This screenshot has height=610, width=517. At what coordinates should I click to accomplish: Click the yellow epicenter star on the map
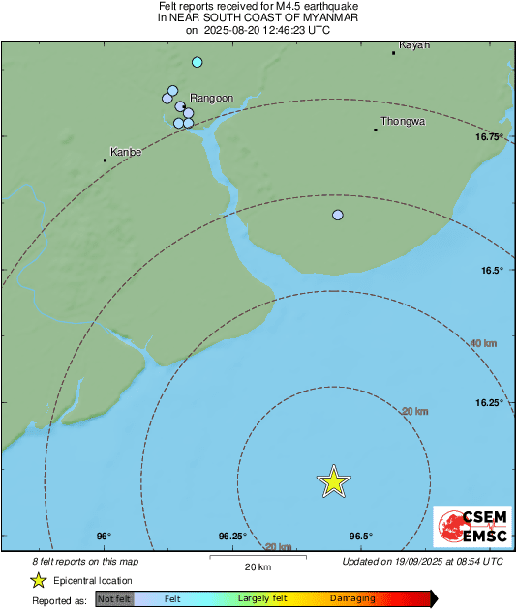point(333,480)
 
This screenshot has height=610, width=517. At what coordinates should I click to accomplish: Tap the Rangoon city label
point(212,98)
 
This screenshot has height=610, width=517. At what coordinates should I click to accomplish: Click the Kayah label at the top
point(413,44)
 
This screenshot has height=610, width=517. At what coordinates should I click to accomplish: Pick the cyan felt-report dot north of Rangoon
point(198,62)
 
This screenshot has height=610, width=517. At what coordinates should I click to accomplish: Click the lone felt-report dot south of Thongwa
point(338,215)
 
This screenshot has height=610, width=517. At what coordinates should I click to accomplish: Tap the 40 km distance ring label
point(484,343)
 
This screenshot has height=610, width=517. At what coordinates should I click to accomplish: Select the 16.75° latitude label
point(489,137)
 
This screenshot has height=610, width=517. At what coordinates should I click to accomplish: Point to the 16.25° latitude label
point(488,402)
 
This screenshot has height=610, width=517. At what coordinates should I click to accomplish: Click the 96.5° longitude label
point(360,537)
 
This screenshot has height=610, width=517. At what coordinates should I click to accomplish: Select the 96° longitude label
point(104,537)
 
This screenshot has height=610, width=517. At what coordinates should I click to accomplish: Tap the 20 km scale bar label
point(258,566)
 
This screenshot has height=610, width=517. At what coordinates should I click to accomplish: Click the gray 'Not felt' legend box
point(114,599)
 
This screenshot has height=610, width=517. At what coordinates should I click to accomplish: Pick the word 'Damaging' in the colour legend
point(352,599)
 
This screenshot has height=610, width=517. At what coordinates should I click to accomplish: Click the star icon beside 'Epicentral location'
point(38,580)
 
